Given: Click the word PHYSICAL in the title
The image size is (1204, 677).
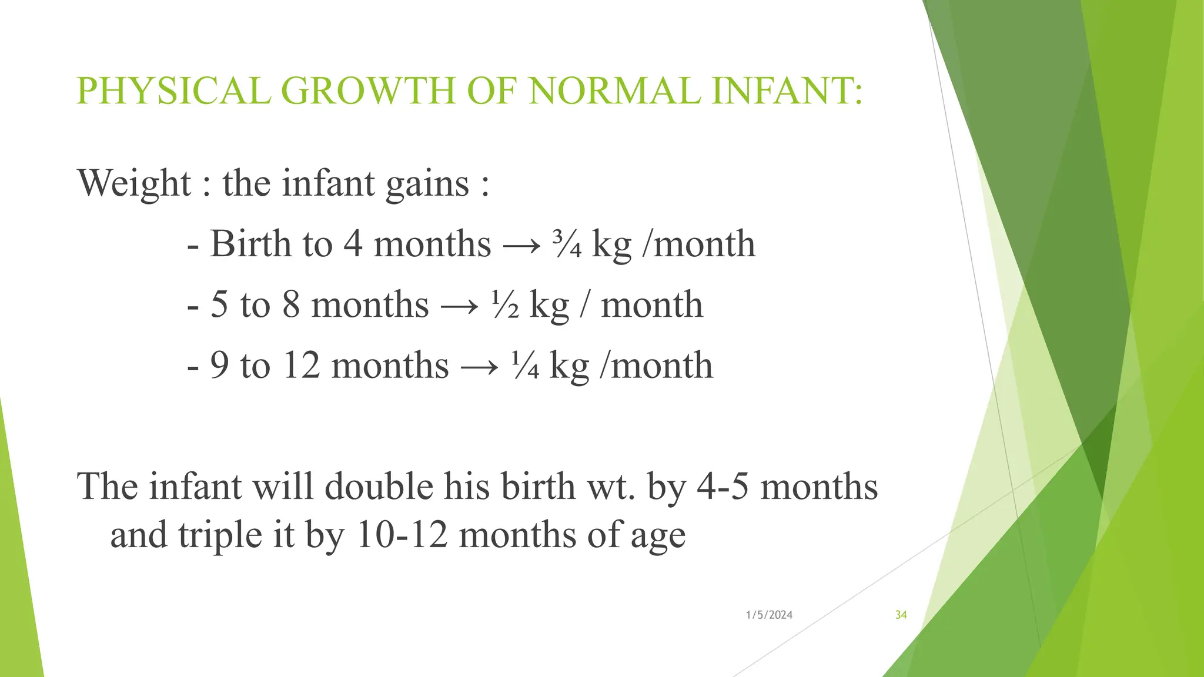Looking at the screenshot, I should [173, 92].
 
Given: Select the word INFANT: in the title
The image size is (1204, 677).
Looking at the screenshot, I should [787, 92].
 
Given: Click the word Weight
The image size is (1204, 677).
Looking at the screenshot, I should [135, 184].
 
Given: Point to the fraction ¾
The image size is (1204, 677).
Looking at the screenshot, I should [567, 244].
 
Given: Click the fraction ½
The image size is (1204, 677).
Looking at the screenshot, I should [505, 305].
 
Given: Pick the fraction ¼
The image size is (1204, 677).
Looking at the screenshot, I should [525, 366].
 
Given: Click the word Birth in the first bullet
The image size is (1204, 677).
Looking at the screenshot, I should [250, 244].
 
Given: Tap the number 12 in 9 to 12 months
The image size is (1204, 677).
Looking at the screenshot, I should [301, 366].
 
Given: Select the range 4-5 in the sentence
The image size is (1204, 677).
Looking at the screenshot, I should [723, 487].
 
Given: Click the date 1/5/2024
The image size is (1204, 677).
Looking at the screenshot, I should [769, 615].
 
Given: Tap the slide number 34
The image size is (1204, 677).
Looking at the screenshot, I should [901, 615].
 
